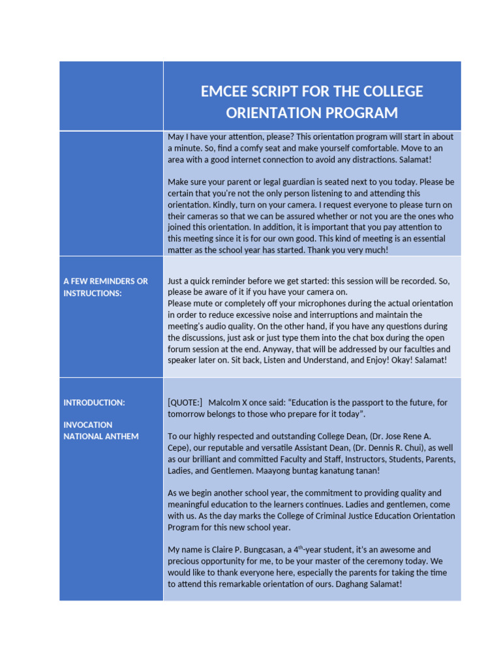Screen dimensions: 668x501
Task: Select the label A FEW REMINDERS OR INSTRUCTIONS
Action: click(x=105, y=287)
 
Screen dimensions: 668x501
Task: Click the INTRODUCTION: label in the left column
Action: click(x=94, y=402)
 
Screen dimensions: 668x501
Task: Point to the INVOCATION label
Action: click(x=88, y=425)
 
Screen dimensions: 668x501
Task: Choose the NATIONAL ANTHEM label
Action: click(x=101, y=436)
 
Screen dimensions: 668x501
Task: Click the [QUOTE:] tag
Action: click(x=185, y=402)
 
